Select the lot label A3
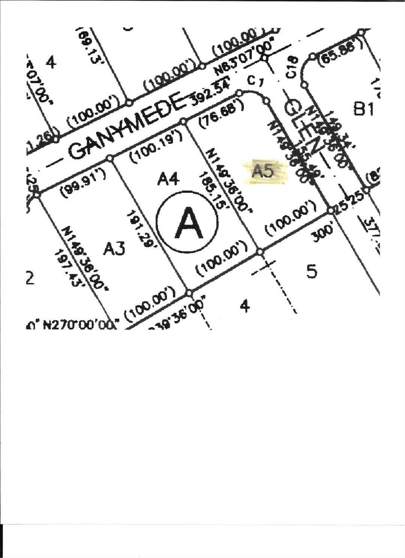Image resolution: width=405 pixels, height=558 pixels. pos(114,248)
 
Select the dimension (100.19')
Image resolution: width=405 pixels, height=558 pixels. pos(156,149)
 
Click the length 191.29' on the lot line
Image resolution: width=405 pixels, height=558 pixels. pos(141,229)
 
